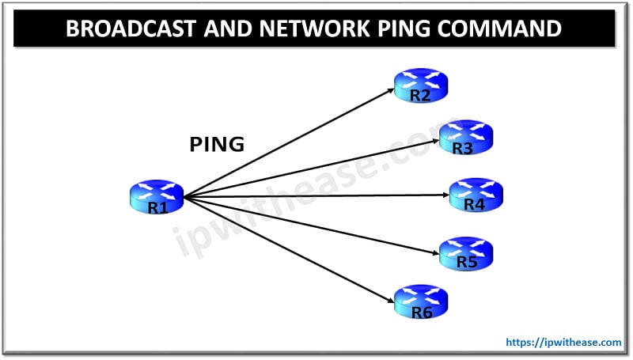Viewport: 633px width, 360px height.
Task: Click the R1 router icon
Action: [155, 196]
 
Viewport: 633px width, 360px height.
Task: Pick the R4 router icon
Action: [476, 195]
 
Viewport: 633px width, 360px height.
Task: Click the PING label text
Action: [217, 145]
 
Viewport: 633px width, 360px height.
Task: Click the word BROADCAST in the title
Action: [131, 29]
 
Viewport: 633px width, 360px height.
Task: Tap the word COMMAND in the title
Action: [500, 29]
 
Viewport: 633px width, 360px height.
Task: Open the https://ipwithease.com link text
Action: [562, 343]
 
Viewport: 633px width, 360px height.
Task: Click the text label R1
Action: [157, 207]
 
